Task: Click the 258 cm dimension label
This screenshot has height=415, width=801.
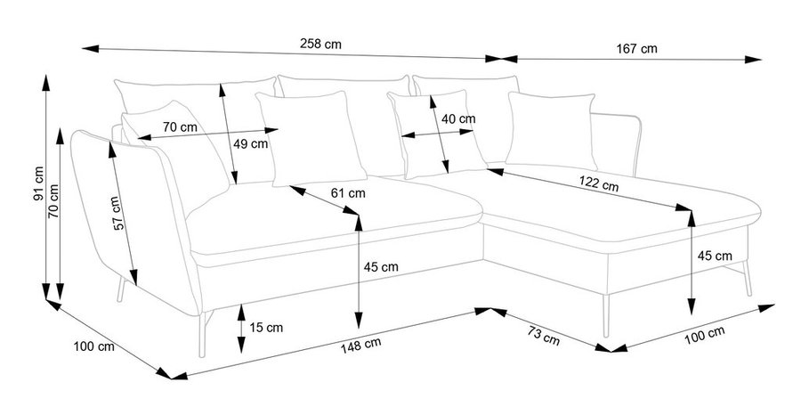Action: click(320, 44)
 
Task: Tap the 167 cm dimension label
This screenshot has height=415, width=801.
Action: click(636, 49)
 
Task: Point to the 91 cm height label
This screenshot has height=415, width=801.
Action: click(39, 183)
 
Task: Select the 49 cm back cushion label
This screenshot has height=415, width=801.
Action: click(250, 144)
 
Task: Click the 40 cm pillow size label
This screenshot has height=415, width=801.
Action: click(458, 119)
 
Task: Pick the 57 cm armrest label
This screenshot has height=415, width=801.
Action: click(117, 213)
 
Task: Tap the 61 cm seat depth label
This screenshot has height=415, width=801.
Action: click(348, 193)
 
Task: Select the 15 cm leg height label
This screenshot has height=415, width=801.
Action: click(266, 328)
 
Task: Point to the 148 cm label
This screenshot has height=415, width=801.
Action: click(360, 346)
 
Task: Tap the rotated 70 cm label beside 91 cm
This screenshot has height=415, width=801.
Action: click(53, 200)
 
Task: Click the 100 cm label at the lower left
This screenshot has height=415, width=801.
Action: click(94, 346)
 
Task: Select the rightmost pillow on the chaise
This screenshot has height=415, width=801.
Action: click(552, 130)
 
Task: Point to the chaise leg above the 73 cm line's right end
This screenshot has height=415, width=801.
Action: click(606, 315)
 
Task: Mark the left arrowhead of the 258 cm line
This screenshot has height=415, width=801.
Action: click(89, 49)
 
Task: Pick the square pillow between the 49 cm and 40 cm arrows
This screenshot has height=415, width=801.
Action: click(311, 139)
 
